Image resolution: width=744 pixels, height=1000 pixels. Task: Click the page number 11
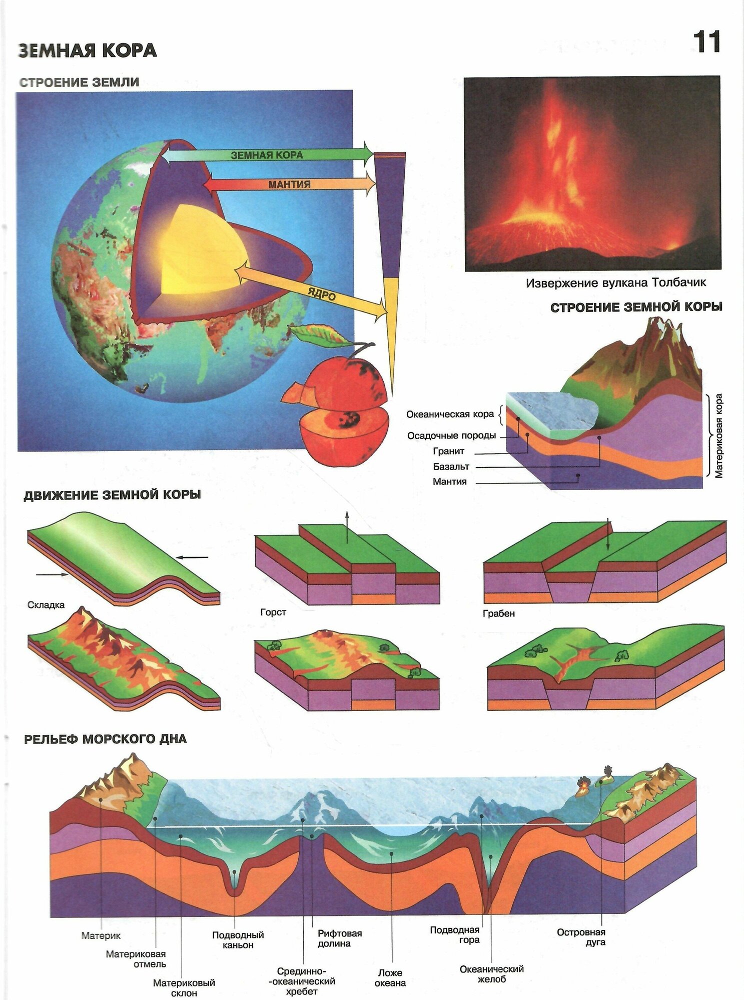tap(706, 42)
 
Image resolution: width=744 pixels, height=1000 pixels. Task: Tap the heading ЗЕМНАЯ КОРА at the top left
tap(88, 50)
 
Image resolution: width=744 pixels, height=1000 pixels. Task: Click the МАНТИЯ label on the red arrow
tap(289, 184)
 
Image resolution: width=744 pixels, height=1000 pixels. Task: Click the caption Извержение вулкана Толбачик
tap(615, 283)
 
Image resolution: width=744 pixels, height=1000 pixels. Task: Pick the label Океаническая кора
tap(450, 414)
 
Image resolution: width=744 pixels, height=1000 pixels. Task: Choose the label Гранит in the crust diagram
tap(449, 451)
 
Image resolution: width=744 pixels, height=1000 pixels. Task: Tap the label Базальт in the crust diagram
tap(451, 466)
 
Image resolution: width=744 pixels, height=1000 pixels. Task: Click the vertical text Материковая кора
tap(718, 435)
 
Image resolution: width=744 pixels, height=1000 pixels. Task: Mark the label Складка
tap(46, 605)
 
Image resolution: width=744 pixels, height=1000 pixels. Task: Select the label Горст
tap(273, 612)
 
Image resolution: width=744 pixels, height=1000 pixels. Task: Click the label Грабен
tap(499, 613)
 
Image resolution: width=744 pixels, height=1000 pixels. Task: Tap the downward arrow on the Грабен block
tap(609, 535)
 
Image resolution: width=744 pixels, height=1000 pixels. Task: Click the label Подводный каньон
tap(238, 940)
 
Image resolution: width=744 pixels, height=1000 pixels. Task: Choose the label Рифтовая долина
tap(340, 938)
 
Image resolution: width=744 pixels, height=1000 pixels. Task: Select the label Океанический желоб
tap(491, 973)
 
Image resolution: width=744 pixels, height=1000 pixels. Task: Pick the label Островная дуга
tap(581, 937)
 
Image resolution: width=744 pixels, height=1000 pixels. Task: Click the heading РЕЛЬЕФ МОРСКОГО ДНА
tap(105, 739)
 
